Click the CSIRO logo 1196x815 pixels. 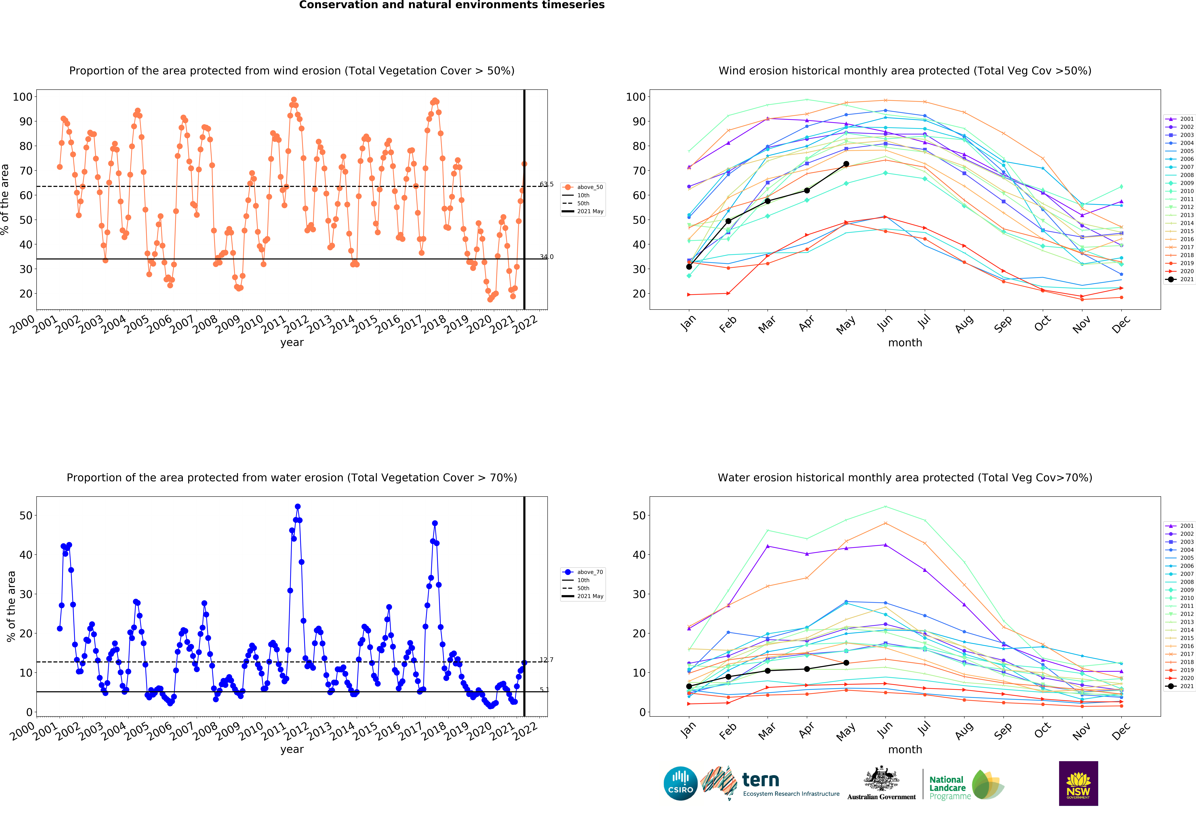coord(680,784)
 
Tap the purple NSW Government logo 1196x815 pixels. coord(1078,783)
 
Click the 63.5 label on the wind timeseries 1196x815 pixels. coord(547,184)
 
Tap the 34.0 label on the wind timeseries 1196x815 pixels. coord(547,257)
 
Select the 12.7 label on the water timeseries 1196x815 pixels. coord(547,660)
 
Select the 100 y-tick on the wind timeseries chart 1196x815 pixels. coord(23,97)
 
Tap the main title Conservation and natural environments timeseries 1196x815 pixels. coord(452,5)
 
